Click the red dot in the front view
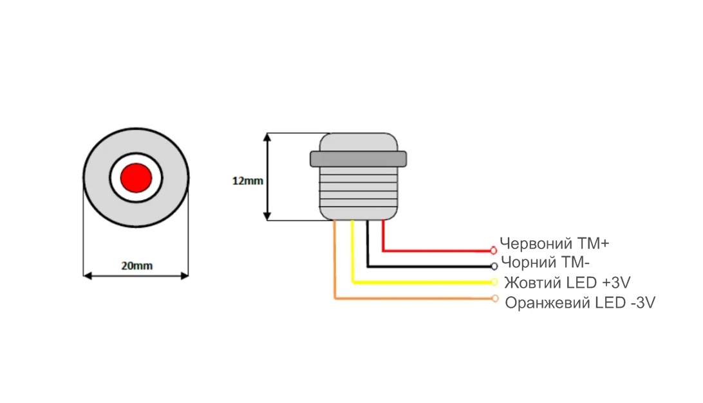pos(136,178)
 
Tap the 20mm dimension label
pos(136,266)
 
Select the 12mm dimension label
pos(247,181)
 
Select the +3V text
pos(617,283)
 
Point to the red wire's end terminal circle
pos(493,250)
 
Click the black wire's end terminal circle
pos(494,267)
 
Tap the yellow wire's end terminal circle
pos(494,282)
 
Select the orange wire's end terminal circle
pos(495,298)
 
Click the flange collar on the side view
pos(358,159)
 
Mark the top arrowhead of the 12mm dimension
pos(268,137)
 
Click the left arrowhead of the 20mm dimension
pos(88,276)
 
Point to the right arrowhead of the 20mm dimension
pos(184,276)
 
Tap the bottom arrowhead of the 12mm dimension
pos(268,216)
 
